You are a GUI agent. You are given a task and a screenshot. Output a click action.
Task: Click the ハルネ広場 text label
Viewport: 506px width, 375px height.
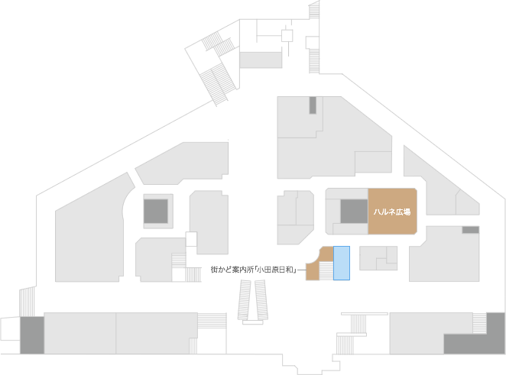pyautogui.click(x=392, y=212)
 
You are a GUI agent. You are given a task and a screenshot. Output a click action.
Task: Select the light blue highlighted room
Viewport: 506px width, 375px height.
pyautogui.click(x=342, y=263)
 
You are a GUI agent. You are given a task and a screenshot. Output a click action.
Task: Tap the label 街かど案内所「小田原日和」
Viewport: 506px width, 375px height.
pyautogui.click(x=254, y=270)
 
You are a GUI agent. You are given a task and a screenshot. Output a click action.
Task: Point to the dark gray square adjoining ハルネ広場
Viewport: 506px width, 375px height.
pyautogui.click(x=354, y=212)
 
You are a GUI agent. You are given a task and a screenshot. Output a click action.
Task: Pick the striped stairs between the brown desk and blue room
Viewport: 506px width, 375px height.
pyautogui.click(x=326, y=271)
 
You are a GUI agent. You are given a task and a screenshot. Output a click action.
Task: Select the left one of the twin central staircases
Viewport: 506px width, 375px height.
pyautogui.click(x=245, y=299)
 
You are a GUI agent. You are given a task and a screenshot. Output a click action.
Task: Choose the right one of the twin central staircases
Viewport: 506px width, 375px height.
pyautogui.click(x=261, y=299)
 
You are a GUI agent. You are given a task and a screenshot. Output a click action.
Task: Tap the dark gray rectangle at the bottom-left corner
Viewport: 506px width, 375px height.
pyautogui.click(x=32, y=335)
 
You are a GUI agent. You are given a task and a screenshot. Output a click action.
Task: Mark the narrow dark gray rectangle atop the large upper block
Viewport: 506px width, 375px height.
pyautogui.click(x=313, y=105)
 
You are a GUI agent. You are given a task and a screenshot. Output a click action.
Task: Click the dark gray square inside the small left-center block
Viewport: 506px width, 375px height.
pyautogui.click(x=155, y=212)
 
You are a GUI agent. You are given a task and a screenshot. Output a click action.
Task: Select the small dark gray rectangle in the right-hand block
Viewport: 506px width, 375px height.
pyautogui.click(x=471, y=230)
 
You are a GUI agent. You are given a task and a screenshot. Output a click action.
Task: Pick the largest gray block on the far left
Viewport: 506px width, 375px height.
pyautogui.click(x=90, y=229)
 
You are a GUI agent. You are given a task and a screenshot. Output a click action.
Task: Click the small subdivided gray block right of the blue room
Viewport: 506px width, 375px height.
pyautogui.click(x=378, y=258)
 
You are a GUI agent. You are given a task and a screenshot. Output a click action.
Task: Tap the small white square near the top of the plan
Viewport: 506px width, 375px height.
pyautogui.click(x=287, y=35)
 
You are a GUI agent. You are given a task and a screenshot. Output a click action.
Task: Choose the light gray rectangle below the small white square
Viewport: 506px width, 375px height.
pyautogui.click(x=261, y=60)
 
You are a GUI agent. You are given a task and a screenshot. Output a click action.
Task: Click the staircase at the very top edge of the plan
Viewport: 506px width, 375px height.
pyautogui.click(x=314, y=10)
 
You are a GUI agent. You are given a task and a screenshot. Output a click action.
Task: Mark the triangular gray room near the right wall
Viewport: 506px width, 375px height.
pyautogui.click(x=467, y=204)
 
